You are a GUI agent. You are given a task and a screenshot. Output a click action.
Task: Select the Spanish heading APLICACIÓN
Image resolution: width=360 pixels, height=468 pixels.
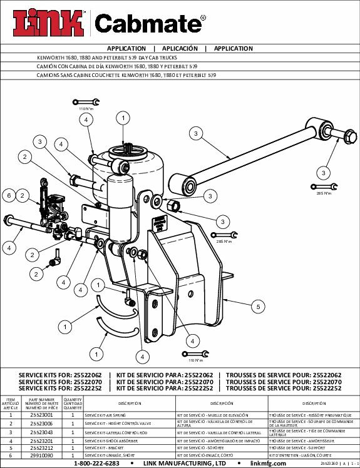pos(180,48)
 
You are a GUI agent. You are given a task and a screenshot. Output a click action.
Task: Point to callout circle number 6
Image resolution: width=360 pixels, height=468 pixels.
pos(9,196)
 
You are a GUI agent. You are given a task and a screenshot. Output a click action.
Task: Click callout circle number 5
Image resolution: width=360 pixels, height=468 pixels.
pos(257,307)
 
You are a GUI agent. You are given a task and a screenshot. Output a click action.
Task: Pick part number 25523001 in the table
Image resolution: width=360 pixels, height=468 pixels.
pos(41,415)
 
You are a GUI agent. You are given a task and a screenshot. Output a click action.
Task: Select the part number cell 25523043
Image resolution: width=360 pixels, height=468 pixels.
pos(41,432)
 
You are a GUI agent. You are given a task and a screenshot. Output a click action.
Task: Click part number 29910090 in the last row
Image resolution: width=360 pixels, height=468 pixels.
pos(41,456)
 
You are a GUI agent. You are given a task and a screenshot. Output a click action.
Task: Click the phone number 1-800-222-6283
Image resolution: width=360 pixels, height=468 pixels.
pos(96,464)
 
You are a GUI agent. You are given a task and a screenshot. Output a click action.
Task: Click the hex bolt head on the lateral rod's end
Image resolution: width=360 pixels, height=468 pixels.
pos(347,135)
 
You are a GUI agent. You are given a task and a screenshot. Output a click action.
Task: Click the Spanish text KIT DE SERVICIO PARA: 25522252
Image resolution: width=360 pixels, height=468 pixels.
pos(165,389)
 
